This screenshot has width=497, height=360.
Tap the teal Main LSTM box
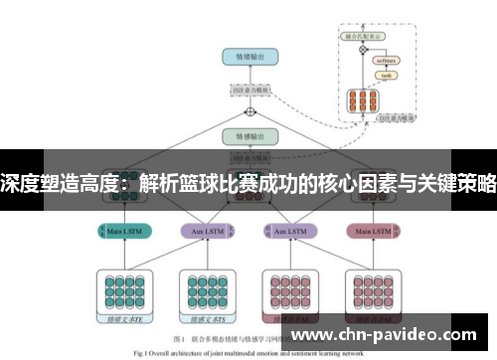[125, 231]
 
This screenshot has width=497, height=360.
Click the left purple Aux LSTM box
[208, 231]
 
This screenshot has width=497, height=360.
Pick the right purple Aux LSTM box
[290, 231]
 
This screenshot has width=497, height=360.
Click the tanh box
[387, 76]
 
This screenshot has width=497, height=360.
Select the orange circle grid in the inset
[361, 101]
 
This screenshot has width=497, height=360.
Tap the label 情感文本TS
[206, 320]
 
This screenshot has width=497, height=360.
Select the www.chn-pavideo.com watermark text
[387, 334]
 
